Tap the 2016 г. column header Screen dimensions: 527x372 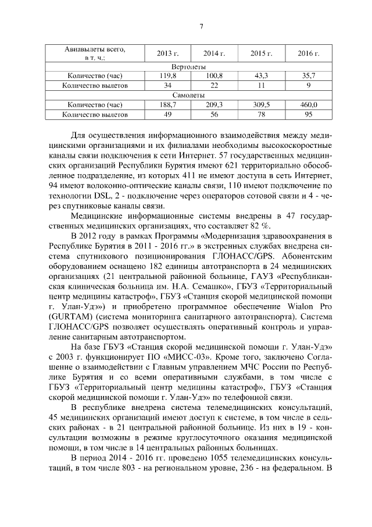(x=309, y=54)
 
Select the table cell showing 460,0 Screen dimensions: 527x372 (x=309, y=105)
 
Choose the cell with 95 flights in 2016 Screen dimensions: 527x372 (x=309, y=115)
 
